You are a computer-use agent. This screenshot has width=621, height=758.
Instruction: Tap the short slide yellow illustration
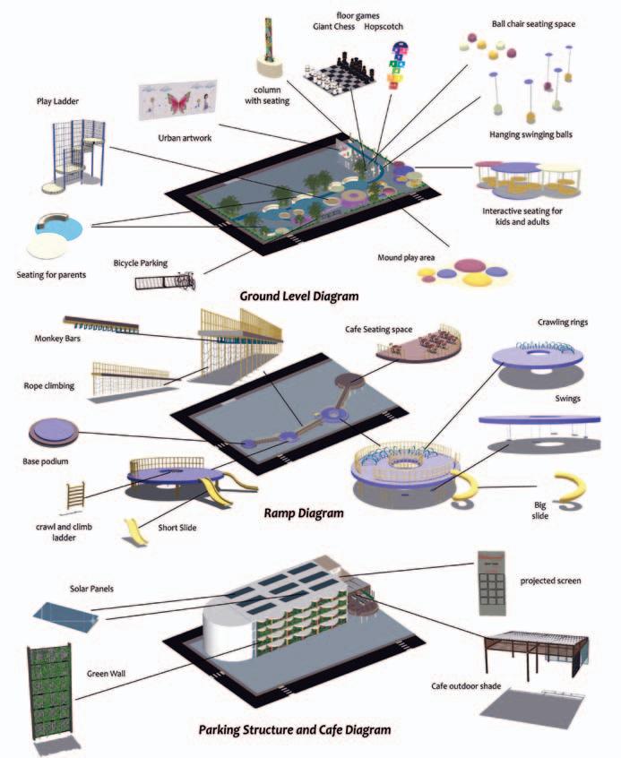tap(135, 530)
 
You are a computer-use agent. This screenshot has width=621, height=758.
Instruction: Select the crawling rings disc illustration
tap(538, 353)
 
